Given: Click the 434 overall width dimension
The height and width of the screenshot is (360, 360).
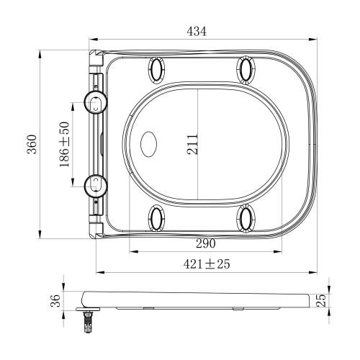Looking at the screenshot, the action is coord(197,32).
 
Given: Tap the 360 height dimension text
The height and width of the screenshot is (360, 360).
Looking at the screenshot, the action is coord(32,144).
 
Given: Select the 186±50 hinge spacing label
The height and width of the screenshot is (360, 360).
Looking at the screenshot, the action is coord(64,145).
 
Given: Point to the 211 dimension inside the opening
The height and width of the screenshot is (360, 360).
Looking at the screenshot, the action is coord(193,144).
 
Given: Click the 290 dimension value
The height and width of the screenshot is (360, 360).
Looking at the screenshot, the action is coord(206,243).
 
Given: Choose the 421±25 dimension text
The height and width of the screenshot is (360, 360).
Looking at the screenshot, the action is coord(207,264).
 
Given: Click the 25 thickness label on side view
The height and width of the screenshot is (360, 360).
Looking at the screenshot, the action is coord(321,300).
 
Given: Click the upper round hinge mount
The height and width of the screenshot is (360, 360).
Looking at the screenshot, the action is coord(96,102).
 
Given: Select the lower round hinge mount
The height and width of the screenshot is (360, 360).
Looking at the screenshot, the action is coord(96,186).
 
